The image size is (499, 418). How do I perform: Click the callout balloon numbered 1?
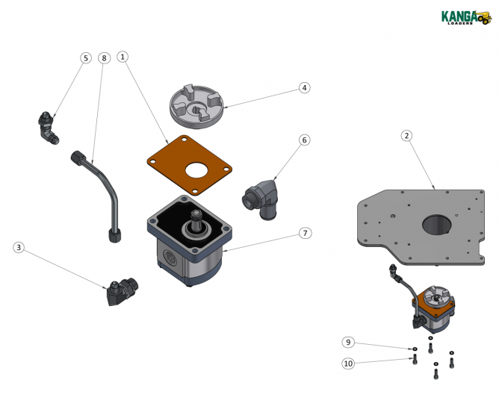pyautogui.click(x=123, y=57)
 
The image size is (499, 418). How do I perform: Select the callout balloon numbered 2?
pyautogui.click(x=406, y=135)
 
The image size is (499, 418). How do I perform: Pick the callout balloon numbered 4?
pyautogui.click(x=304, y=87)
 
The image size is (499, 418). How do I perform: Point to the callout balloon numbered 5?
pyautogui.click(x=86, y=57)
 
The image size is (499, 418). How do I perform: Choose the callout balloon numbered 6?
pyautogui.click(x=304, y=140)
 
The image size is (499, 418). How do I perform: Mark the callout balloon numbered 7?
pyautogui.click(x=304, y=233)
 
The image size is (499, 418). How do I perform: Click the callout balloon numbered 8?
pyautogui.click(x=103, y=57)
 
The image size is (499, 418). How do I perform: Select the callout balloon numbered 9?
pyautogui.click(x=347, y=343)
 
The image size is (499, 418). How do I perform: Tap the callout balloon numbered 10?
pyautogui.click(x=347, y=364)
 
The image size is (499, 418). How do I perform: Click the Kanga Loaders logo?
pyautogui.click(x=464, y=16)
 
